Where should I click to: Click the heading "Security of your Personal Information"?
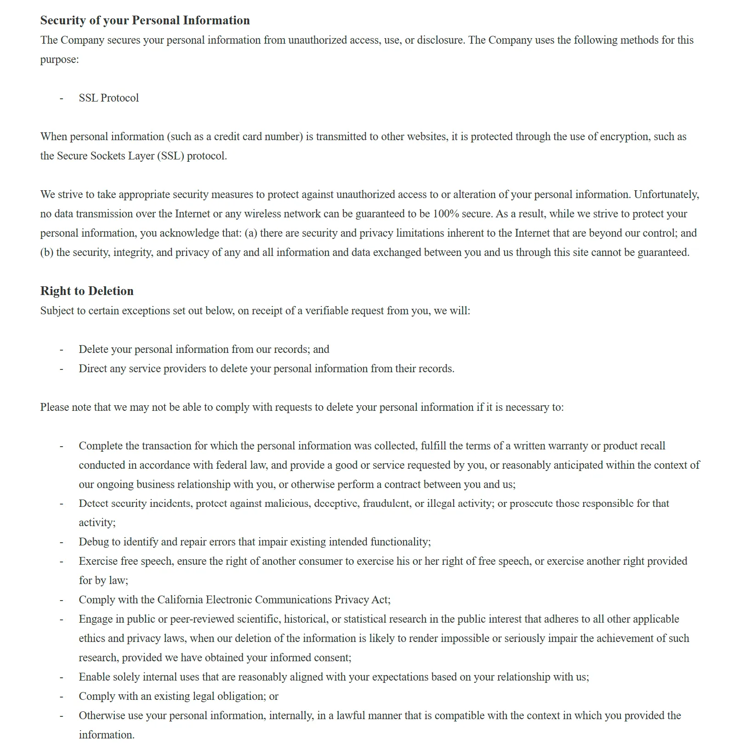pos(145,20)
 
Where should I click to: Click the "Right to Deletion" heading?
pos(87,291)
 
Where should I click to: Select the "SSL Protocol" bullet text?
pos(108,98)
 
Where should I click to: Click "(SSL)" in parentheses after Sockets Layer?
pos(171,156)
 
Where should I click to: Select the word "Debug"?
pos(93,542)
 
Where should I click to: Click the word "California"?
pos(180,600)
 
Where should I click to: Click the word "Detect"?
pos(94,503)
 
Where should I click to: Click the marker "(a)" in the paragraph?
pos(251,233)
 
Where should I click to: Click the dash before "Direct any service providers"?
pos(61,369)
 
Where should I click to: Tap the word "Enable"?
pos(94,677)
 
